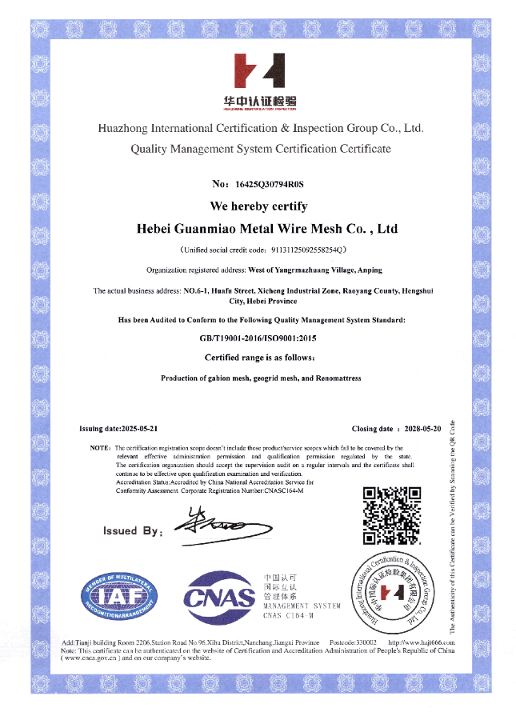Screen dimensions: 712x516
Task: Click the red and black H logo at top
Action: click(x=258, y=71)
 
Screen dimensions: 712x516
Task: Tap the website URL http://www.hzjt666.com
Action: click(x=422, y=642)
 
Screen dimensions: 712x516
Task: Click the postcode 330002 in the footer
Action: click(x=365, y=642)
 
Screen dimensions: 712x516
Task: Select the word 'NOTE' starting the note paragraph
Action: click(x=99, y=448)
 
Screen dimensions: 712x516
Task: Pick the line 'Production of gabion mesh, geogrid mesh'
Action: click(x=261, y=378)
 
